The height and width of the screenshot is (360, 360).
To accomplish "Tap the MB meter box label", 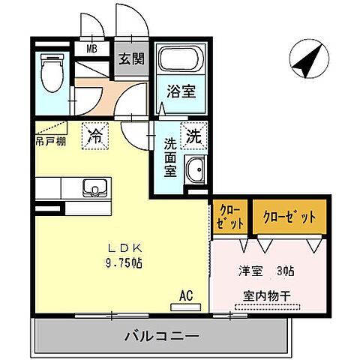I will coord(92,49).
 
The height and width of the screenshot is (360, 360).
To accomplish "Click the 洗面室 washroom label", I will coord(172,154).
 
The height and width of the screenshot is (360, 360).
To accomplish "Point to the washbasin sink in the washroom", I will coord(195,171).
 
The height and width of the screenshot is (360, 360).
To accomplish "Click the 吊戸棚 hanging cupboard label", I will coord(49,140).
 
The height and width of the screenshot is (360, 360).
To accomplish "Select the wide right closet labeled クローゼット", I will coord(289,217).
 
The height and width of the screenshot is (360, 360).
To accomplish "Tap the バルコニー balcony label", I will coord(161,336).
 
